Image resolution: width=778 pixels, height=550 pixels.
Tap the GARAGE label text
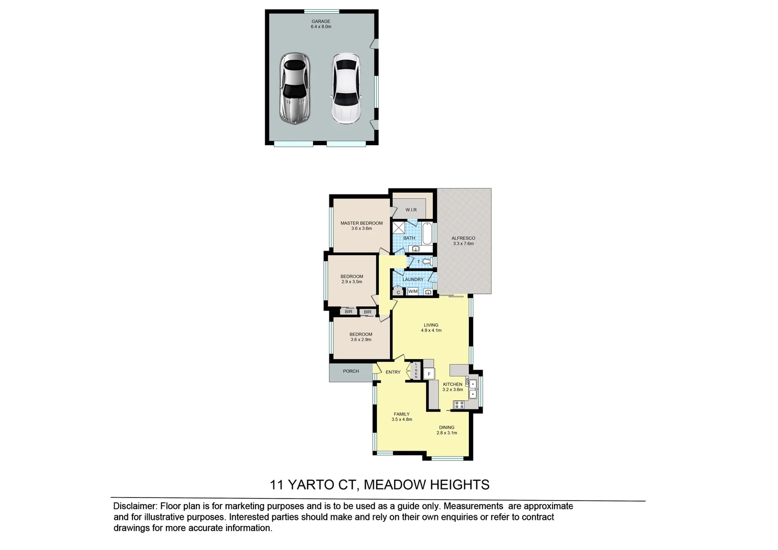pyautogui.click(x=321, y=22)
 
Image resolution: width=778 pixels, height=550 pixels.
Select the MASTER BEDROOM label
pyautogui.click(x=362, y=223)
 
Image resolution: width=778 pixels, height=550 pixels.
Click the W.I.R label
pyautogui.click(x=411, y=210)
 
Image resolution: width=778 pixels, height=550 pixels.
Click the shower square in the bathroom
pyautogui.click(x=398, y=227)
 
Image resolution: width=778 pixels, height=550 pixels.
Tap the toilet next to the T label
pyautogui.click(x=428, y=262)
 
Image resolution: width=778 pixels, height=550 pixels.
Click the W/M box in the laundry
pyautogui.click(x=412, y=292)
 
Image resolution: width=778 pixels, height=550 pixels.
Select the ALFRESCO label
pyautogui.click(x=463, y=238)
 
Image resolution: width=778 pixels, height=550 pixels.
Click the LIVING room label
pyautogui.click(x=431, y=325)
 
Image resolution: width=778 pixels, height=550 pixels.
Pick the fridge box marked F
pyautogui.click(x=429, y=374)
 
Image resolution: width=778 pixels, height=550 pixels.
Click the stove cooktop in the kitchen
pyautogui.click(x=459, y=405)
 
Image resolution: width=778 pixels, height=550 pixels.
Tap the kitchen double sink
pyautogui.click(x=473, y=389)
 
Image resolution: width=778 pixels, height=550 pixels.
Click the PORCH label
pyautogui.click(x=351, y=371)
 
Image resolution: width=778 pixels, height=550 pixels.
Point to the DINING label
pyautogui.click(x=447, y=428)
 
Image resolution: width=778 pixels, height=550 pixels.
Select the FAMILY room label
pyautogui.click(x=402, y=414)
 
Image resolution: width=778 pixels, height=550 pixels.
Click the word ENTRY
pyautogui.click(x=393, y=372)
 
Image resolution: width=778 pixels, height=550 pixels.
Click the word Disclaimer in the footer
pyautogui.click(x=134, y=506)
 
